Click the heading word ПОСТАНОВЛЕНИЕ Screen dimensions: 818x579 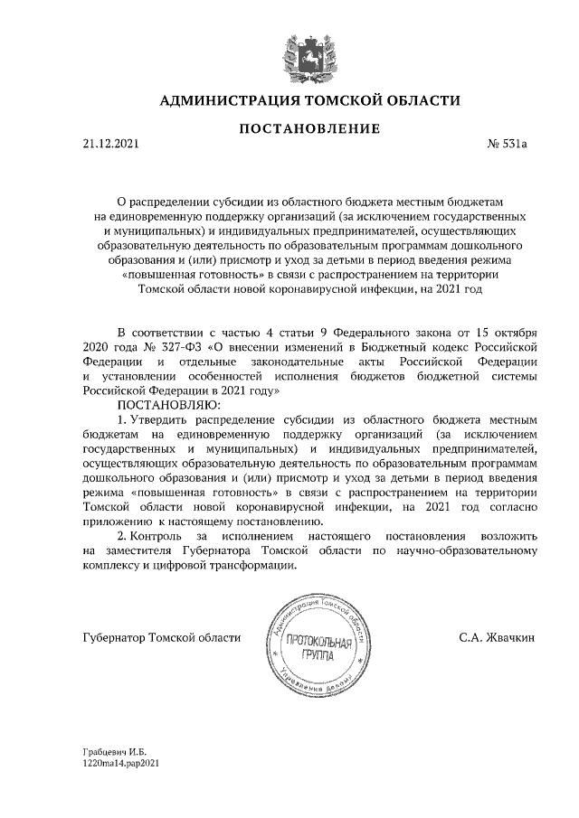coord(309,130)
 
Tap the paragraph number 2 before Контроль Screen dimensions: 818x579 coord(122,536)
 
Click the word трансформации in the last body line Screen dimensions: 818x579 coord(252,565)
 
